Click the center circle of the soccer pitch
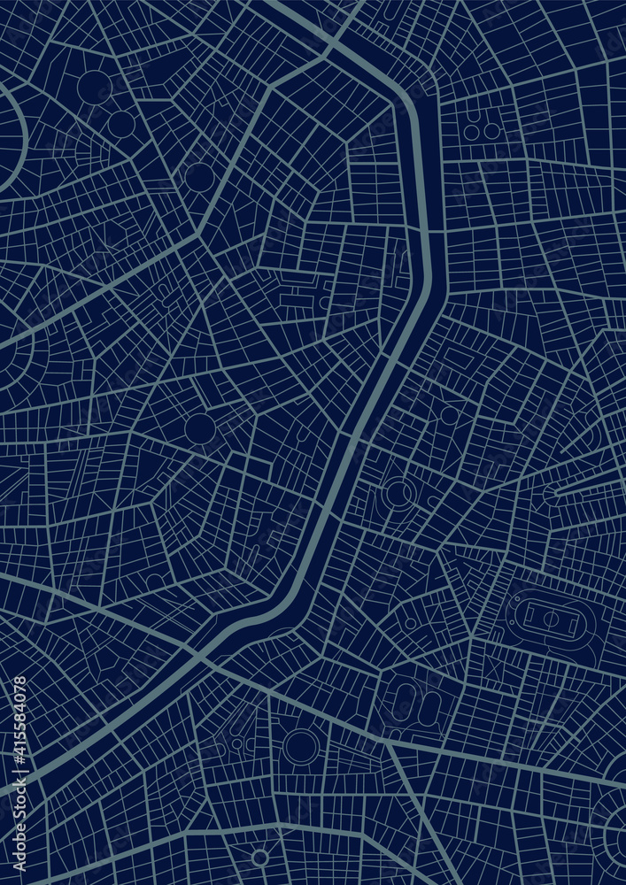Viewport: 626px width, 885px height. (x=550, y=618)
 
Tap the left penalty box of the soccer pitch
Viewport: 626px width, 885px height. (x=528, y=613)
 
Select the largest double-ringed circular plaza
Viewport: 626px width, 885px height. (x=301, y=746)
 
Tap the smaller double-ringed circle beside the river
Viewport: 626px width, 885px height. (x=398, y=492)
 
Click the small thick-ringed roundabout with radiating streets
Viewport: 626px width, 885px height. (x=259, y=857)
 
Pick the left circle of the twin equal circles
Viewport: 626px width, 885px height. (x=472, y=131)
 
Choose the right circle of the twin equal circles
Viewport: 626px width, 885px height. (x=491, y=131)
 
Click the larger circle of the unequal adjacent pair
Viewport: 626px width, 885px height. (x=94, y=88)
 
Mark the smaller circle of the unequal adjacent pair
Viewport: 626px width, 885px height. (x=121, y=124)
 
